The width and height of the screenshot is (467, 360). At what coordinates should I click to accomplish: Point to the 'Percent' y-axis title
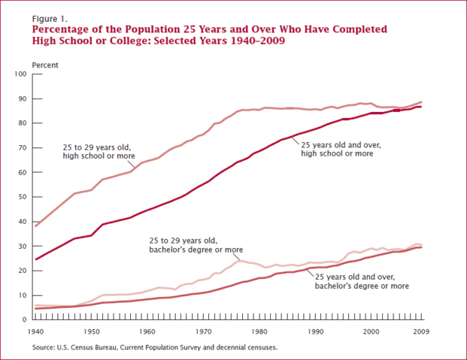click(45, 65)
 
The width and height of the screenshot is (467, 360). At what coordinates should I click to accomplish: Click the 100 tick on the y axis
click(20, 74)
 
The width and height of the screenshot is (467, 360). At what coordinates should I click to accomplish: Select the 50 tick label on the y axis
click(22, 197)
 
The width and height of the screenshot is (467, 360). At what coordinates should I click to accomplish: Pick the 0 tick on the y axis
click(24, 319)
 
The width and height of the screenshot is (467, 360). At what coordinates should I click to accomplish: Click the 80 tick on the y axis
click(22, 123)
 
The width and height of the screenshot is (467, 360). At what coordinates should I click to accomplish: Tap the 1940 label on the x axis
click(35, 331)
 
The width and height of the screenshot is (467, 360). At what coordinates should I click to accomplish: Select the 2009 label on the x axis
click(420, 331)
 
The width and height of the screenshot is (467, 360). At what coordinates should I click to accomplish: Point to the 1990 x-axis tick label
click(315, 331)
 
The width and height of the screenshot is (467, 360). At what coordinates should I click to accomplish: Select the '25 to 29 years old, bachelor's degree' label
click(198, 245)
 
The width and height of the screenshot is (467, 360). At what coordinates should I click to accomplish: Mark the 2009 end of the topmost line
click(420, 101)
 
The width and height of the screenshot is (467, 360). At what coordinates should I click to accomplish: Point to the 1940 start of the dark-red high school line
click(35, 259)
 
